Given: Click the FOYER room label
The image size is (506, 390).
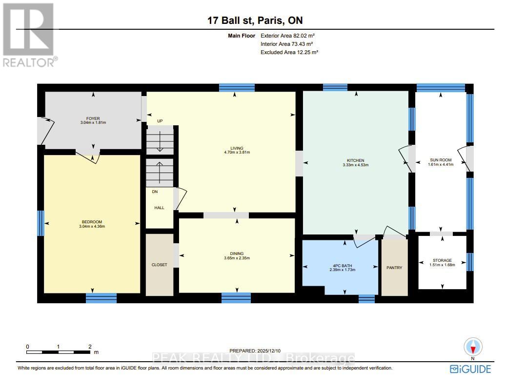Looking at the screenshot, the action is (x=93, y=118).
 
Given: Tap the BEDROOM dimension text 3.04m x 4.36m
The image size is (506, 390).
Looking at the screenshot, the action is (x=92, y=226).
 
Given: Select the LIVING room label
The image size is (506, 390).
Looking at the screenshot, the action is (x=237, y=148).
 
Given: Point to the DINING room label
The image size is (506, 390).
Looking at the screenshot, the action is (x=237, y=253).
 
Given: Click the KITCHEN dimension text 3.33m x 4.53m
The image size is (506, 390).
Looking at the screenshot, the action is (x=356, y=165).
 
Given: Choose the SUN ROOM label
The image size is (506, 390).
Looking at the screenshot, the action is (x=441, y=160).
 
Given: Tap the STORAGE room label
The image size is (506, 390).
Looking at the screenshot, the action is (x=442, y=260).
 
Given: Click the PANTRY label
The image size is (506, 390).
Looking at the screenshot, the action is (x=394, y=268).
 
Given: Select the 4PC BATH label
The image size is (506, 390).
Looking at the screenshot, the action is (x=343, y=266).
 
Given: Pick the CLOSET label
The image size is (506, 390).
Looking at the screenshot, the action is (x=160, y=265).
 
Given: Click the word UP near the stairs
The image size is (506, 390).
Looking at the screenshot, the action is (x=160, y=121).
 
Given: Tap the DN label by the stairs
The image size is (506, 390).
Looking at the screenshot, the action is (x=155, y=192).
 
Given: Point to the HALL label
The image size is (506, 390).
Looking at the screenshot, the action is (x=160, y=208).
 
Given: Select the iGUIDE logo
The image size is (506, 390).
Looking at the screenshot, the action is (x=470, y=369).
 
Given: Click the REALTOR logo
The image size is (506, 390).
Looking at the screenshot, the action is (x=30, y=35).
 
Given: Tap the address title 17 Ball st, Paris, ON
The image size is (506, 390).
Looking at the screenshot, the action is (x=255, y=20).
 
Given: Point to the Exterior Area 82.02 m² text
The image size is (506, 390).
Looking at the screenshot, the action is (x=287, y=36).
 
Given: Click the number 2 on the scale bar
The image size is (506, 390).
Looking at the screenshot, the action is (x=90, y=347).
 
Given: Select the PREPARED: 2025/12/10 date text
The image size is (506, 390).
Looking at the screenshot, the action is (x=255, y=351).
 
